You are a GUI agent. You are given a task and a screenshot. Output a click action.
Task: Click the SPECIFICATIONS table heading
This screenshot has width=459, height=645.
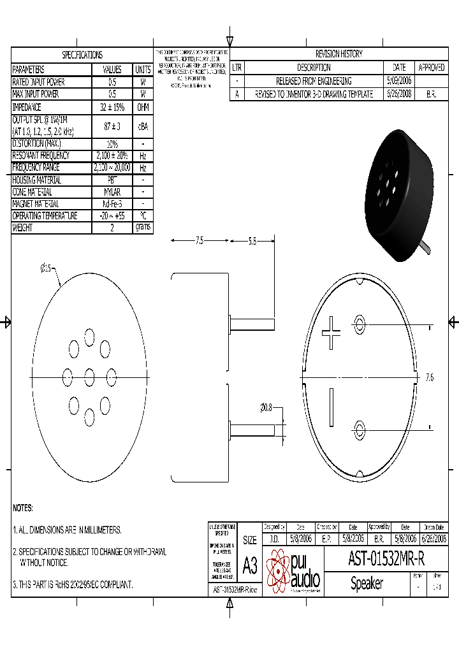coord(82,55)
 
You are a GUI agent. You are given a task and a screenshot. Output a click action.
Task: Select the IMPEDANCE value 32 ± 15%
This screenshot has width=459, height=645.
coord(112,107)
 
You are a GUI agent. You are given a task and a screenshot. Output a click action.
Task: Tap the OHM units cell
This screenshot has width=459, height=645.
coord(143,107)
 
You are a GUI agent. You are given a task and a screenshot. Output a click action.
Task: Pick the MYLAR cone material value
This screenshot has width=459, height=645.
coord(112,192)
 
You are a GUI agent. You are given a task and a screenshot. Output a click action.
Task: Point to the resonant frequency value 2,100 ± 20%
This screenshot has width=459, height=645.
coord(112,156)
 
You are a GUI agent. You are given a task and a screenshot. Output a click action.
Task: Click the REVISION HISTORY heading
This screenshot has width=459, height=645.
coord(339,54)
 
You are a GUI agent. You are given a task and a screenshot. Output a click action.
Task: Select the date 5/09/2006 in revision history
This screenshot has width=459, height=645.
coord(399,81)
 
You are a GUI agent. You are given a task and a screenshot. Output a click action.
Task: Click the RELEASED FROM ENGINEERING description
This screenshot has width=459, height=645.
coord(313,81)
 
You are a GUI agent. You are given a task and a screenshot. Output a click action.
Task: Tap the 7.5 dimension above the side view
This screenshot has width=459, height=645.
coord(200,241)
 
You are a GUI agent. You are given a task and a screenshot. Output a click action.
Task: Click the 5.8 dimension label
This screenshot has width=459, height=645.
coord(252,241)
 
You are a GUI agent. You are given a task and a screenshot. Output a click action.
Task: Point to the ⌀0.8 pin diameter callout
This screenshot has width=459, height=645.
coord(266,408)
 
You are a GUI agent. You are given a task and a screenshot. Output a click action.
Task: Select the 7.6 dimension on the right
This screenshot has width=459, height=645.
coord(429,377)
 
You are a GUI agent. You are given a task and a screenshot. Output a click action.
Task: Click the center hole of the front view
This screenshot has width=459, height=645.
coord(89,374)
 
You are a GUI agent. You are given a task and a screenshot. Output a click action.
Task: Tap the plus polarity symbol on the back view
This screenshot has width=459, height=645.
coord(331,332)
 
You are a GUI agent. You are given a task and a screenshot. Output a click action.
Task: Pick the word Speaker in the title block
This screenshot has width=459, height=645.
coord(367,583)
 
